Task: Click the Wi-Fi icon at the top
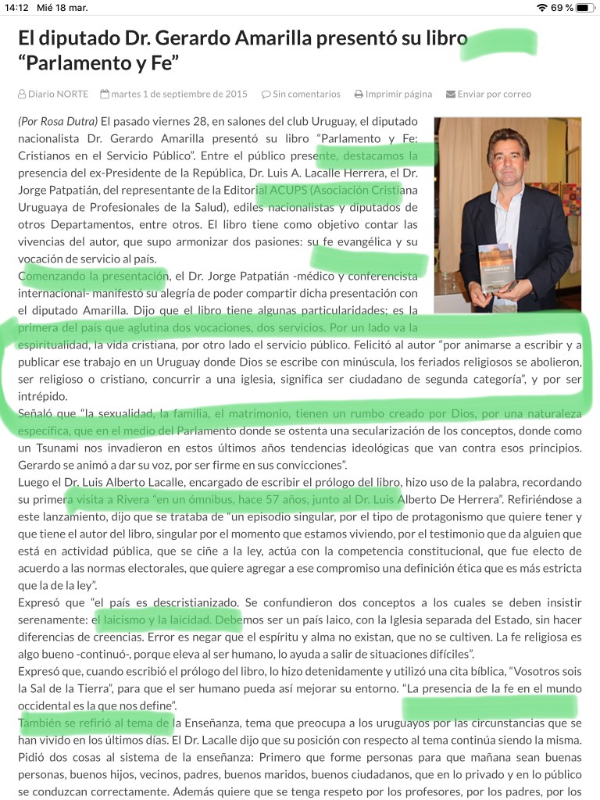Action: [x=542, y=8]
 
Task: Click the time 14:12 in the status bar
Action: [x=16, y=8]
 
